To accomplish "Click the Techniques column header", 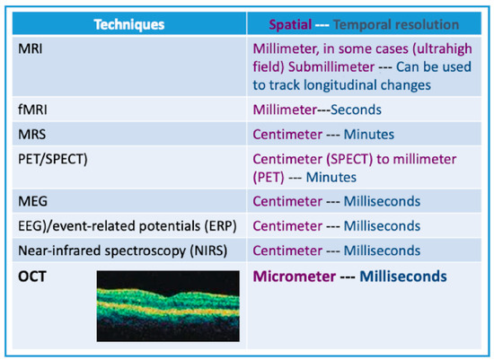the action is point(129,24).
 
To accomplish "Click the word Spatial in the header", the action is point(290,25).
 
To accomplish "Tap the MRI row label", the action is point(31,48).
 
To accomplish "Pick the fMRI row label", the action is point(32,110).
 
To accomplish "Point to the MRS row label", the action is point(32,135).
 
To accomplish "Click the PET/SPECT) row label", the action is point(53,160).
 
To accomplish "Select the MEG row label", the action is point(32,201).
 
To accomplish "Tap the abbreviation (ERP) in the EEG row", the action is point(221,226).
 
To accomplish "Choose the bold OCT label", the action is point(32,277).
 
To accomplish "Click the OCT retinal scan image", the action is point(168,306).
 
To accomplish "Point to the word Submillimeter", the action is point(331,67).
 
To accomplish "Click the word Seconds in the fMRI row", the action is point(356,110).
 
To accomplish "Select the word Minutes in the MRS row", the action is point(368,135).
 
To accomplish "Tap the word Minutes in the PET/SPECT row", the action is point(331,178).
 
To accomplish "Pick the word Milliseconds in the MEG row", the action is point(382,201).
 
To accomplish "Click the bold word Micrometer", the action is point(295,277).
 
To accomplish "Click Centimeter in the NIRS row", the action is point(287,251).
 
